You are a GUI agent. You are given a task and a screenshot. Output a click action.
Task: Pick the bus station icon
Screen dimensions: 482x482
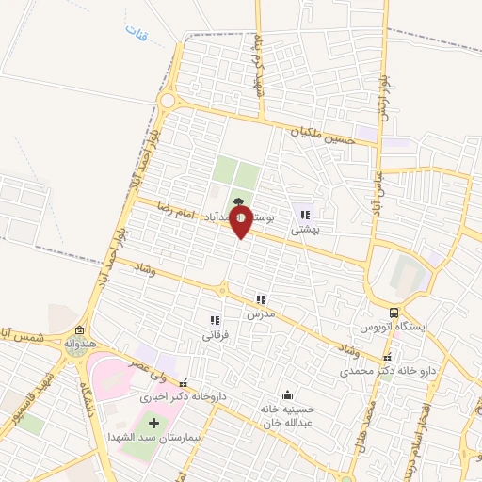(394, 313)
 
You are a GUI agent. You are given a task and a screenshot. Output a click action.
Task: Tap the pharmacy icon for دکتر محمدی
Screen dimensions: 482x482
(387, 358)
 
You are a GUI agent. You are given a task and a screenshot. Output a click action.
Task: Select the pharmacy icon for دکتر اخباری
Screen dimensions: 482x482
(185, 383)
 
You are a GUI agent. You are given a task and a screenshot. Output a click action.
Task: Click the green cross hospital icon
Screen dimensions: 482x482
(154, 422)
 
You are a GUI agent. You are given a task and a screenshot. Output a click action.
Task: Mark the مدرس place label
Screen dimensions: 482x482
(261, 313)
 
